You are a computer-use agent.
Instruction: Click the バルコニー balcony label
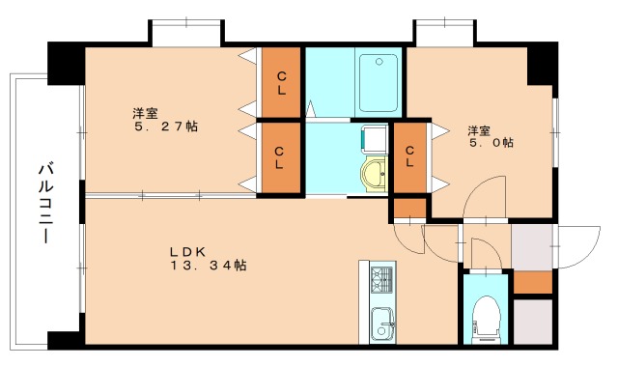(46, 204)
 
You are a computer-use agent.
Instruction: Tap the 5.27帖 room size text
(166, 127)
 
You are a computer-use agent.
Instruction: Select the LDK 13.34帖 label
(209, 259)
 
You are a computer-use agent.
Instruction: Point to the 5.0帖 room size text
(492, 142)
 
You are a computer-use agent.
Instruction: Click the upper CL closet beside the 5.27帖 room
(281, 82)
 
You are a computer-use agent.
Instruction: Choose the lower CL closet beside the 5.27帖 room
(279, 157)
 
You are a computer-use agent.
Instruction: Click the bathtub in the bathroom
(379, 83)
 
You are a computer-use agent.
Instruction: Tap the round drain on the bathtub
(379, 62)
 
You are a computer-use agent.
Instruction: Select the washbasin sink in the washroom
(374, 174)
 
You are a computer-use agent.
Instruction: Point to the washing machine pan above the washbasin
(375, 139)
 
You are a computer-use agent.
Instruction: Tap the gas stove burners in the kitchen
(382, 279)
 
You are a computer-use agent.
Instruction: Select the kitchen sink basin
(382, 324)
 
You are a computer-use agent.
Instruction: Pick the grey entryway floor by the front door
(532, 247)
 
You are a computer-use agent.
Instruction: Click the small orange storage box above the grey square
(533, 282)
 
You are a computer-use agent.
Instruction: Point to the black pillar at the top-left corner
(67, 64)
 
